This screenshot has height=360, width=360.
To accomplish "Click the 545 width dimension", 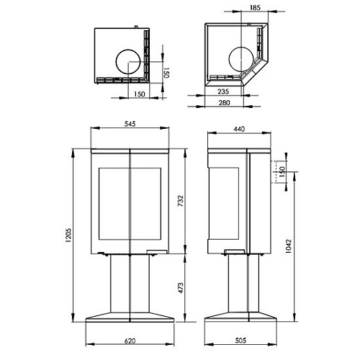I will coord(130,124).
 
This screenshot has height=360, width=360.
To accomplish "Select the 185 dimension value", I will coord(255,7).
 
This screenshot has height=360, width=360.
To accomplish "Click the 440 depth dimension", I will coord(240,130).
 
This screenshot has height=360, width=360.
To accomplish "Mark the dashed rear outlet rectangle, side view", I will coord(275,173).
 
